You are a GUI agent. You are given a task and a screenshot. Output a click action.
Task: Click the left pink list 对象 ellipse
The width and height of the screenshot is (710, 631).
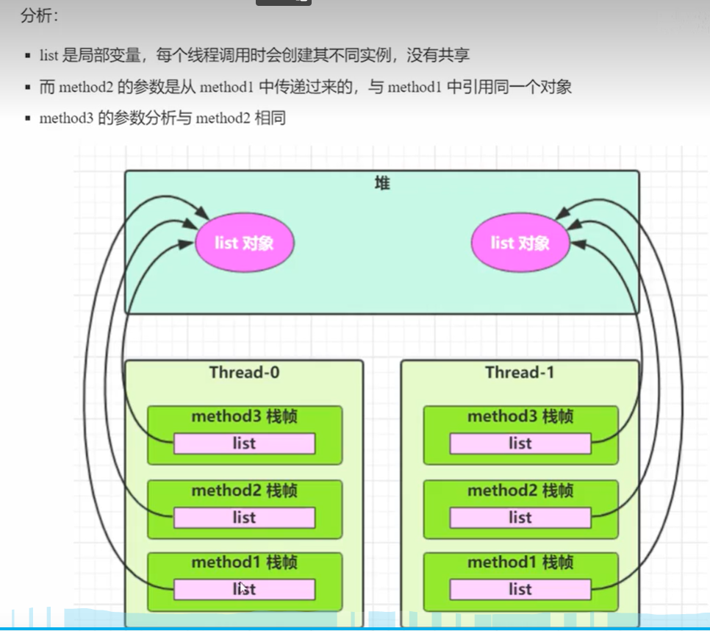pyautogui.click(x=244, y=243)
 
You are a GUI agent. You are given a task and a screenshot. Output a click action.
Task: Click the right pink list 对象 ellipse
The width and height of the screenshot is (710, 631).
pyautogui.click(x=520, y=243)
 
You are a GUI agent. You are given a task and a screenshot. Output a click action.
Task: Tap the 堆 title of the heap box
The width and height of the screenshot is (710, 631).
pyautogui.click(x=382, y=184)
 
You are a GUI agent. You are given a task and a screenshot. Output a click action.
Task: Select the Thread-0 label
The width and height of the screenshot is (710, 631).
pyautogui.click(x=244, y=372)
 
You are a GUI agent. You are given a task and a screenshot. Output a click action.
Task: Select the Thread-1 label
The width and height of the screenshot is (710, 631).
pyautogui.click(x=520, y=372)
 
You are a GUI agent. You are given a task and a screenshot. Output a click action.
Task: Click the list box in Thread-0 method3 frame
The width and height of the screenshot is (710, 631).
pyautogui.click(x=244, y=443)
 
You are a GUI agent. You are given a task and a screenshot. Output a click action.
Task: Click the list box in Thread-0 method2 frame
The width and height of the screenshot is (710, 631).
pyautogui.click(x=244, y=518)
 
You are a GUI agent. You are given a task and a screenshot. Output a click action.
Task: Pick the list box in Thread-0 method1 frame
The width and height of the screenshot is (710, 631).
pyautogui.click(x=244, y=589)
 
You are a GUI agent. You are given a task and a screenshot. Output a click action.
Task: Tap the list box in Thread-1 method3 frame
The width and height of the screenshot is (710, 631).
pyautogui.click(x=520, y=443)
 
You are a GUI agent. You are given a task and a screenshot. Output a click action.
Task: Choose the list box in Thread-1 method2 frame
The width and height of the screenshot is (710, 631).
pyautogui.click(x=520, y=518)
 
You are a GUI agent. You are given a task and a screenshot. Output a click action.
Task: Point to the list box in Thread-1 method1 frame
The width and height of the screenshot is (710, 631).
pyautogui.click(x=520, y=589)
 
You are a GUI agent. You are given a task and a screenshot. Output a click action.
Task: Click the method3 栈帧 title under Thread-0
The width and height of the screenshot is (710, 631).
pyautogui.click(x=244, y=417)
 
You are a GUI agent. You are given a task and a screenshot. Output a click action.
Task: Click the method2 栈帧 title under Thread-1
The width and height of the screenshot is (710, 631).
pyautogui.click(x=520, y=491)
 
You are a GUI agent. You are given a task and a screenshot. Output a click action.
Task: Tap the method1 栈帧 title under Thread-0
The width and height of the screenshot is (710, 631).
pyautogui.click(x=244, y=563)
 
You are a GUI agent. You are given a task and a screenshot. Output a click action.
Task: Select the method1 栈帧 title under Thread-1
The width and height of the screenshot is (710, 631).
pyautogui.click(x=520, y=563)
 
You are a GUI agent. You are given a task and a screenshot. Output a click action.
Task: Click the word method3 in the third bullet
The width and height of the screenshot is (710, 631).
pyautogui.click(x=66, y=118)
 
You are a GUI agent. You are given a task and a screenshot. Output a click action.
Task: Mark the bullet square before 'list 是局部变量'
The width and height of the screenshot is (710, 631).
pyautogui.click(x=27, y=56)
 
